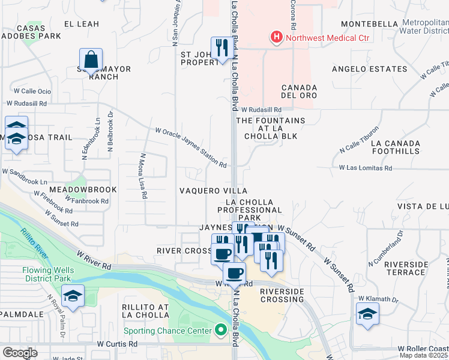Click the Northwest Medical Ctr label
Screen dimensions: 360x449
click(x=327, y=38)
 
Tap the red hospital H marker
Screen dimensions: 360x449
click(x=276, y=38)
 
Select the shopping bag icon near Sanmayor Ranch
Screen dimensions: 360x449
click(x=91, y=60)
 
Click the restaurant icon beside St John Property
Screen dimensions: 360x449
click(x=221, y=47)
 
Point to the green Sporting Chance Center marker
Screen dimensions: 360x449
click(x=220, y=330)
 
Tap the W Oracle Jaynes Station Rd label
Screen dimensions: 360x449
click(x=190, y=148)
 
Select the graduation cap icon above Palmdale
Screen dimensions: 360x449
click(x=73, y=296)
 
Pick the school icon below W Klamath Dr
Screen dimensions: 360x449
click(x=367, y=314)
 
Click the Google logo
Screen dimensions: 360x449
click(x=19, y=353)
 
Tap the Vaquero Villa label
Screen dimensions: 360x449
click(x=205, y=191)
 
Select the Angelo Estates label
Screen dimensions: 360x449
click(x=369, y=69)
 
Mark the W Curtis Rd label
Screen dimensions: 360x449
click(x=117, y=344)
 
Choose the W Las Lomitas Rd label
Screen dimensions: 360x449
click(x=365, y=169)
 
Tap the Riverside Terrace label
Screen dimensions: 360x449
click(x=405, y=268)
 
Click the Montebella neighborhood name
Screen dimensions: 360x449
click(x=369, y=24)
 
